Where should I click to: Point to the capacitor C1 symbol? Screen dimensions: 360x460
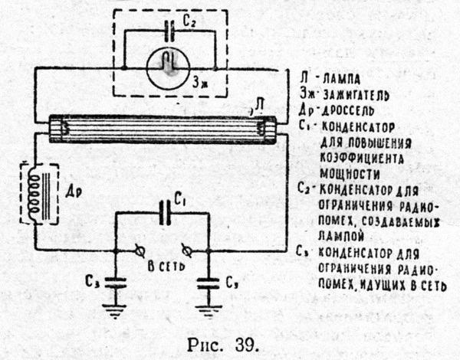(163, 214)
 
